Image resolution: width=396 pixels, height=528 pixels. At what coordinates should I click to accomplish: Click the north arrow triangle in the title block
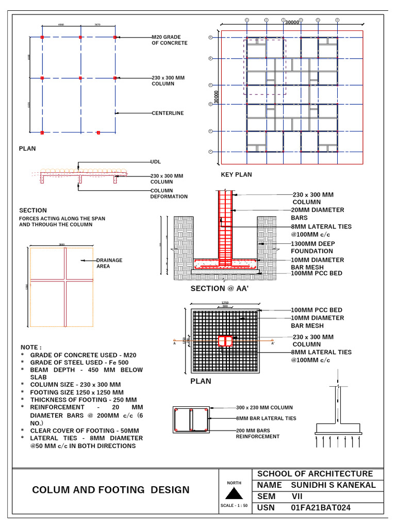(x=234, y=493)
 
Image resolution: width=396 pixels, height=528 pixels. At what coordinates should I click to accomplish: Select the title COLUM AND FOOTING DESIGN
(x=111, y=490)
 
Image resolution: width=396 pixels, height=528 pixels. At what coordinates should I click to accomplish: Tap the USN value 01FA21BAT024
(x=321, y=508)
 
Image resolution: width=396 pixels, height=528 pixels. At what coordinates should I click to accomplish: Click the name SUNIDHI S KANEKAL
(x=334, y=485)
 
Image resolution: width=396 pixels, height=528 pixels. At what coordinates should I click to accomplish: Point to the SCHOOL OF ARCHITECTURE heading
(x=315, y=474)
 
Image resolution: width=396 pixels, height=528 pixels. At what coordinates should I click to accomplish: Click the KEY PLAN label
(x=236, y=175)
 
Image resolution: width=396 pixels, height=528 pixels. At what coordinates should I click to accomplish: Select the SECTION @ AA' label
(x=220, y=289)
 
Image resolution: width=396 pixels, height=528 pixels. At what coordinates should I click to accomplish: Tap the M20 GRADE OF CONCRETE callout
(x=169, y=40)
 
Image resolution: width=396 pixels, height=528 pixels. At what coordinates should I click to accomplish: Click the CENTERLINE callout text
(x=168, y=113)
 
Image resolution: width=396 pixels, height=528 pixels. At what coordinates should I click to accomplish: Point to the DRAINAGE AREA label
(x=109, y=263)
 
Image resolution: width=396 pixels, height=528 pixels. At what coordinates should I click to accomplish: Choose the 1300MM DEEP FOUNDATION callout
(x=312, y=247)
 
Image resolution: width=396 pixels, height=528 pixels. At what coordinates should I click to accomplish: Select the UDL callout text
(x=156, y=162)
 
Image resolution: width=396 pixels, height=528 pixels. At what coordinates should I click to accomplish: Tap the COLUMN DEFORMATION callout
(x=169, y=193)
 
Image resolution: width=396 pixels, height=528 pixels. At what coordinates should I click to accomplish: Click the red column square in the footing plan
(x=225, y=341)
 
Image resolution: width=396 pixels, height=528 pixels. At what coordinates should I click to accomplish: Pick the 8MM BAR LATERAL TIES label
(x=266, y=418)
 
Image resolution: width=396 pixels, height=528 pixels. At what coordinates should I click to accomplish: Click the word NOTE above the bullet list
(x=31, y=348)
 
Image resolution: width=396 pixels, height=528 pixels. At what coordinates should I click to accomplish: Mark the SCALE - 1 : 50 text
(x=234, y=505)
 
